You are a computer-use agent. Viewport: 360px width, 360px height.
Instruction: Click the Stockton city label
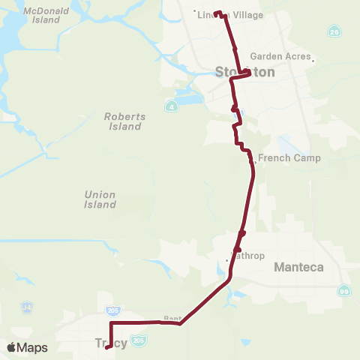pos(245,73)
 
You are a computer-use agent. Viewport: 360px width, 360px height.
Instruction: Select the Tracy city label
pos(111,343)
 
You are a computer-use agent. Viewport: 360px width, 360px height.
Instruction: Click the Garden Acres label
pos(280,56)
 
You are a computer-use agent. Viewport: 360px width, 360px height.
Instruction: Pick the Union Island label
pos(100,199)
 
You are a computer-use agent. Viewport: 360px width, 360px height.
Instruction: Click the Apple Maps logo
pos(27,347)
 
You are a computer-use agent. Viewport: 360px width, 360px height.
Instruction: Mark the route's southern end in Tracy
pos(109,346)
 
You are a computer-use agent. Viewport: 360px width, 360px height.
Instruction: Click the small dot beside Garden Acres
pos(313,61)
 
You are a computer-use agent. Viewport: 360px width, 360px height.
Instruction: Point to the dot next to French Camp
pos(256,160)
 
